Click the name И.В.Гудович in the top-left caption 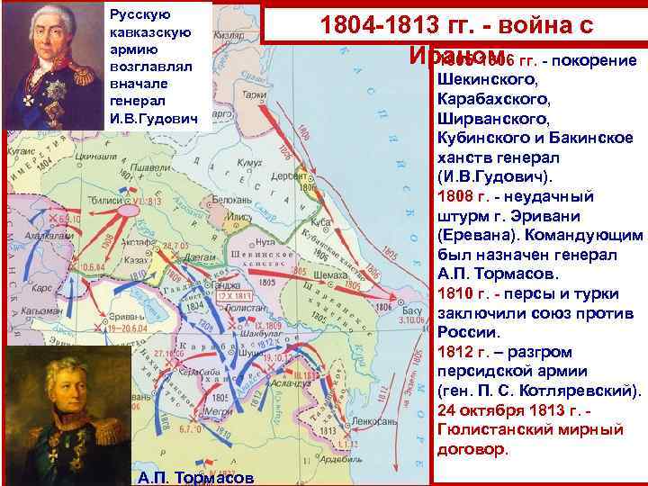tap(152, 119)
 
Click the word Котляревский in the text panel tap(585, 391)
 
